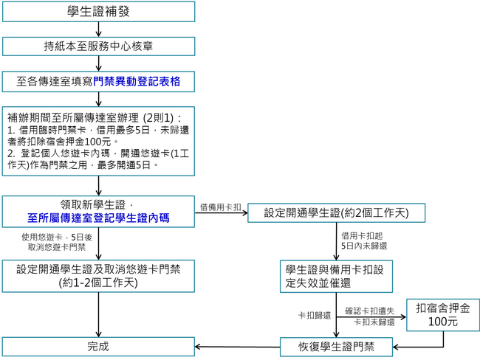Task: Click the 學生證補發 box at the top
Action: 98,11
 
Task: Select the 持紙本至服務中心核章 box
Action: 98,46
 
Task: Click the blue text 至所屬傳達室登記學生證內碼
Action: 98,218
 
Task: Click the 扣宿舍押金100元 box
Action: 442,315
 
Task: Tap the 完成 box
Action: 98,345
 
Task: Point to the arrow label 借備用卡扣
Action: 220,207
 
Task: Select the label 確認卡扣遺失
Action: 369,311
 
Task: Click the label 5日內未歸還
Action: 364,246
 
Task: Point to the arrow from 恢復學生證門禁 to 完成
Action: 236,345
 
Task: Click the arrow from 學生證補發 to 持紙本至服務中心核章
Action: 98,28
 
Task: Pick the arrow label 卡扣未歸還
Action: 374,322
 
